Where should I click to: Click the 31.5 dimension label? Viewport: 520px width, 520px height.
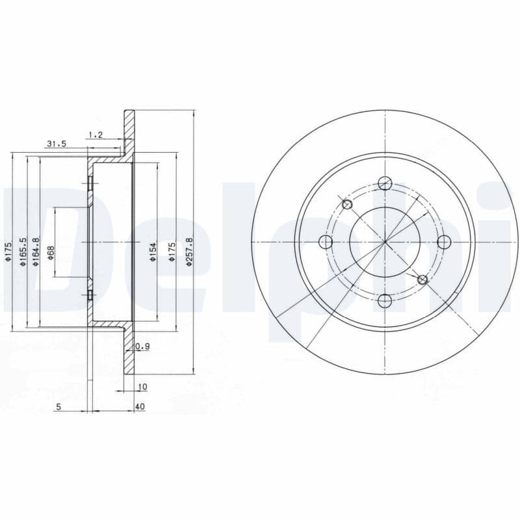(57, 144)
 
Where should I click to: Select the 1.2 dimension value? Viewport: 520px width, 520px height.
(96, 135)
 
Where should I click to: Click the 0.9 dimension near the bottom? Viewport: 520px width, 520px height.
(143, 346)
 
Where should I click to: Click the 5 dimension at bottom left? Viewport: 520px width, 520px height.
(58, 407)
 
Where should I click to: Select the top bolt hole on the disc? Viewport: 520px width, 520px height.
(385, 183)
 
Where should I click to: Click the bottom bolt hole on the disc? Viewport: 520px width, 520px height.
(385, 300)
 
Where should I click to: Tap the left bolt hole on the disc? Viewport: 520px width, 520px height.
(326, 242)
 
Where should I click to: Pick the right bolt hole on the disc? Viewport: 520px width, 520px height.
(444, 242)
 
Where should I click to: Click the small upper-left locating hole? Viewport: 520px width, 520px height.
(347, 205)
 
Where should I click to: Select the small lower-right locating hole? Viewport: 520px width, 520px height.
(422, 279)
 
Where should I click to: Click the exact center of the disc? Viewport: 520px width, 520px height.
(385, 242)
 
